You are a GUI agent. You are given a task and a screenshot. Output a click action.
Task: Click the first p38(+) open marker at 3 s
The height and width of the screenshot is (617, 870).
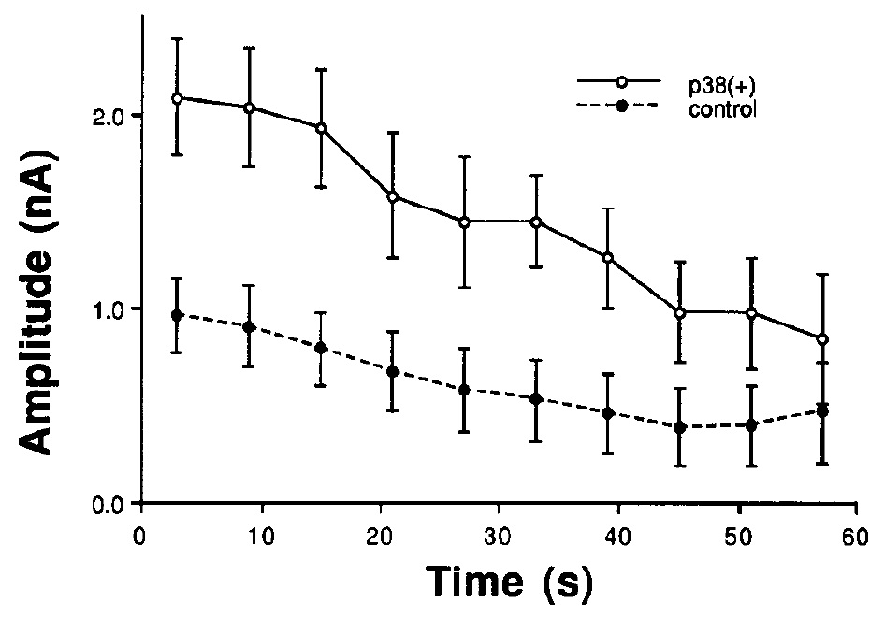178,98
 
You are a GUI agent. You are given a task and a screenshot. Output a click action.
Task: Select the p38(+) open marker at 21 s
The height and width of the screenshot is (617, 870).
393,196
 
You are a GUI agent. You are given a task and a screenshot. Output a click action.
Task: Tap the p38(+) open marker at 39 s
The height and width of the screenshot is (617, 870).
607,257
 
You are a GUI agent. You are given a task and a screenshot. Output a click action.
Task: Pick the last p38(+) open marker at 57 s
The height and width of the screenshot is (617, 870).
822,338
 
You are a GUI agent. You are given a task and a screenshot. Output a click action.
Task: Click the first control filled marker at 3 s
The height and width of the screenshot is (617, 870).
178,315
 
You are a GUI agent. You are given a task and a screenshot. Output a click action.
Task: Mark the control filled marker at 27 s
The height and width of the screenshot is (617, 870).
464,389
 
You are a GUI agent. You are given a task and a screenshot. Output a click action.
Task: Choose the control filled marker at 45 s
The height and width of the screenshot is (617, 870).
679,427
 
